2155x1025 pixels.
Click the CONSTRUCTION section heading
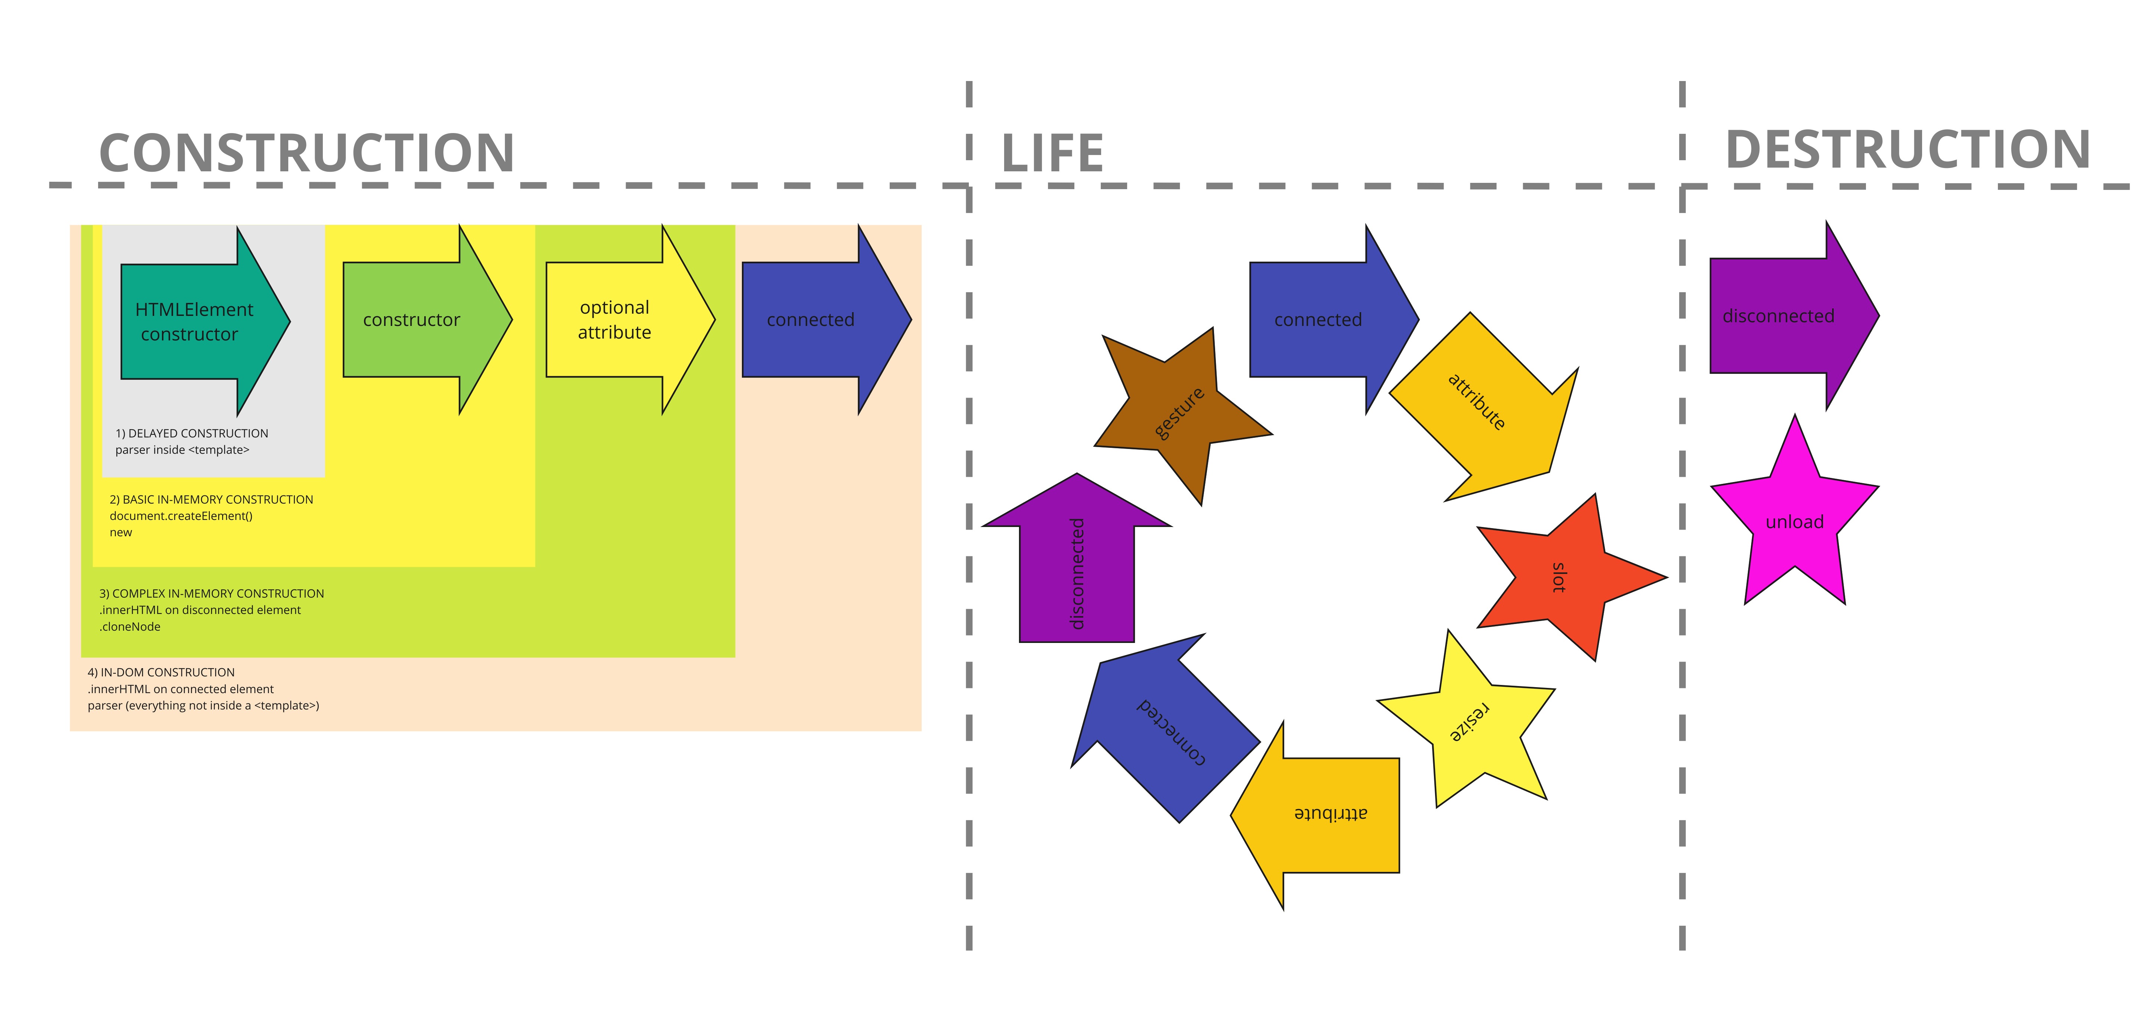coord(306,153)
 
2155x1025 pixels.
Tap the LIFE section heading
coord(1052,153)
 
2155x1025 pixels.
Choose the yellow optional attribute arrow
coord(630,320)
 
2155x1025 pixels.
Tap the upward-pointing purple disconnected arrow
coord(1077,558)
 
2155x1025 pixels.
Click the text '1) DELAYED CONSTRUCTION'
coord(192,433)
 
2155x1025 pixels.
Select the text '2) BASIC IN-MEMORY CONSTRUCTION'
coord(212,499)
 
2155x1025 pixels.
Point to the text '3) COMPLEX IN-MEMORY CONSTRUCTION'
coord(212,593)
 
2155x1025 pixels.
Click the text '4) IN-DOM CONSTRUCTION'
coord(162,672)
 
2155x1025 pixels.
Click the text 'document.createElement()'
coord(181,516)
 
